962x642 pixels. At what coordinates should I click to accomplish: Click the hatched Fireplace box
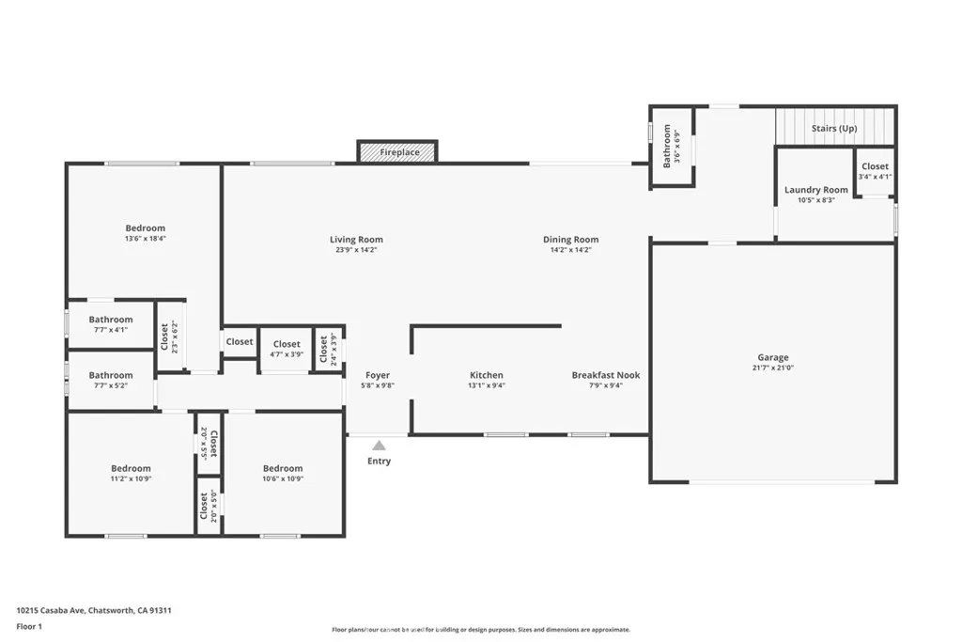pos(397,151)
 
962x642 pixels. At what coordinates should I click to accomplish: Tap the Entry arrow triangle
pos(379,446)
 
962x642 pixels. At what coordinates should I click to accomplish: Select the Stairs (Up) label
pos(833,128)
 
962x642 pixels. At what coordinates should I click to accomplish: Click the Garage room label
pos(773,357)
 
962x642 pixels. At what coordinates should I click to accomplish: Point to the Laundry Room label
pos(815,190)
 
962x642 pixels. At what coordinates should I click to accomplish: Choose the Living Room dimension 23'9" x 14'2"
pos(356,250)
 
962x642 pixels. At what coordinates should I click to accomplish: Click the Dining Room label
pos(570,240)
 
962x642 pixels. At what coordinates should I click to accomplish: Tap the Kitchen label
pos(487,375)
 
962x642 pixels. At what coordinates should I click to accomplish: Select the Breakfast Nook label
pos(606,375)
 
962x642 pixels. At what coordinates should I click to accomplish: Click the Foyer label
pos(377,375)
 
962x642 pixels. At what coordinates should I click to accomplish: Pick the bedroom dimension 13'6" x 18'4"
pos(145,239)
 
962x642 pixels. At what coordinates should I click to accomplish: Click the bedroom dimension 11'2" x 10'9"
pos(131,478)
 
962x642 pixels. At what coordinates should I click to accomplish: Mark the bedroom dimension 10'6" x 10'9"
pos(283,478)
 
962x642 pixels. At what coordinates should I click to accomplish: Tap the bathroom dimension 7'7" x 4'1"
pos(111,330)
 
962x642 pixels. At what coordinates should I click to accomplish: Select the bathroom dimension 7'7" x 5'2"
pos(111,385)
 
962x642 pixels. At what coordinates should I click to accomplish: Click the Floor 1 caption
pos(31,625)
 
